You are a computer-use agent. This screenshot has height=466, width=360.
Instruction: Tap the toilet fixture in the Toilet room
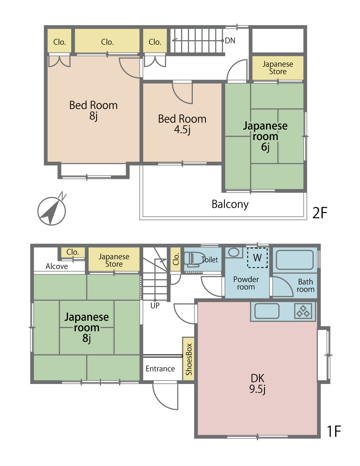[x=192, y=259]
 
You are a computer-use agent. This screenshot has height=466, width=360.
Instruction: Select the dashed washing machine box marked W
[x=257, y=258]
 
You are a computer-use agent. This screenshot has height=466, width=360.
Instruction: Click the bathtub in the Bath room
[x=295, y=260]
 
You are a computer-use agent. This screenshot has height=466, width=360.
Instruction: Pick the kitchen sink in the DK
[x=267, y=311]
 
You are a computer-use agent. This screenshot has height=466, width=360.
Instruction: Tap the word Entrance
[x=160, y=369]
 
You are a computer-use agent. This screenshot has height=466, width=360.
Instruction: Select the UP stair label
[x=155, y=306]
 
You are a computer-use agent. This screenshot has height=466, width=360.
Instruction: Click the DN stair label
[x=230, y=40]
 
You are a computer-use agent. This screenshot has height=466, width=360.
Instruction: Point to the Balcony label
[x=230, y=204]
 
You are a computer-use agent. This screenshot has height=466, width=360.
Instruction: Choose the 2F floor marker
[x=320, y=212]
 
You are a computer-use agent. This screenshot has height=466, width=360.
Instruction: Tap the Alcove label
[x=57, y=266]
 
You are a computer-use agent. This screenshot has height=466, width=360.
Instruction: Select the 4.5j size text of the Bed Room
[x=182, y=130]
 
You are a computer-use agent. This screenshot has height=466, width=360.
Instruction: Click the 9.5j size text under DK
[x=257, y=389]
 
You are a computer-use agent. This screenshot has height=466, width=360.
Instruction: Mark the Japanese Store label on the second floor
[x=278, y=67]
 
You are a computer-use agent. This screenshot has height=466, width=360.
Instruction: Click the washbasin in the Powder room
[x=234, y=252]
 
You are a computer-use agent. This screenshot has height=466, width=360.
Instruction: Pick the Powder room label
[x=246, y=283]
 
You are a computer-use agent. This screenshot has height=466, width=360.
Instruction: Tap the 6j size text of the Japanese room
[x=265, y=147]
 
